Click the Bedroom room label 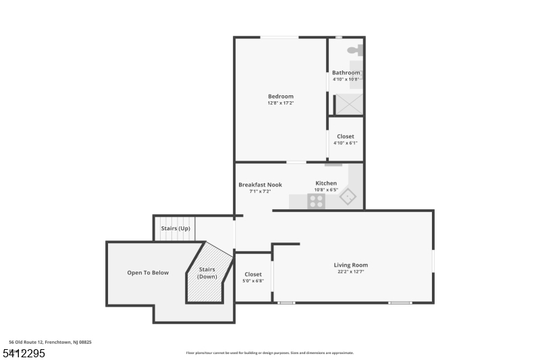280,97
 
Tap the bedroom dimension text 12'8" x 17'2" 280,104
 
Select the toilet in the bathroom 355,50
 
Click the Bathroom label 346,72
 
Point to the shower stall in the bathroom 349,104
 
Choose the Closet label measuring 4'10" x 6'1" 345,136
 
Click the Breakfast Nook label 260,184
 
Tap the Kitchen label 326,183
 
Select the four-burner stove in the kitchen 316,201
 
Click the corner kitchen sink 348,197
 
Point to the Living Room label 351,265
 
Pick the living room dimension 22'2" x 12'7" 351,272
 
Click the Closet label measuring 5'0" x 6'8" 253,274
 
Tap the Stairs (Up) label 175,228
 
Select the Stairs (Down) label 207,273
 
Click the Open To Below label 148,273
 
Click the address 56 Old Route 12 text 50,342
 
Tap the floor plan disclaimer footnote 269,353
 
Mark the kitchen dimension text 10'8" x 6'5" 326,190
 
